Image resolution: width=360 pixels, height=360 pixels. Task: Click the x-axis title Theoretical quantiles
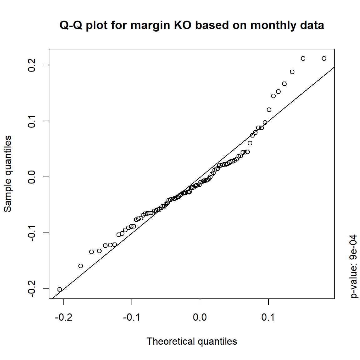point(192,341)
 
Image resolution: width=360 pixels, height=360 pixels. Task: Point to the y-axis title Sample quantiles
point(7,174)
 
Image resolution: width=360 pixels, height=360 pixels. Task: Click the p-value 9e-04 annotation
point(354,267)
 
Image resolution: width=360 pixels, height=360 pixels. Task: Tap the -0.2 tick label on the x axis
point(63,317)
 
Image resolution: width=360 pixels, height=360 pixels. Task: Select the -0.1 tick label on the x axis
point(132,317)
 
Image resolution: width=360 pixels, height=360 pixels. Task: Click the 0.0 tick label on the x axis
point(200,317)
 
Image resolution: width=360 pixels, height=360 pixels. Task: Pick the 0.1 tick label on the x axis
point(268,317)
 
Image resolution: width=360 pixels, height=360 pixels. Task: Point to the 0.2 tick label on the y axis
point(32,65)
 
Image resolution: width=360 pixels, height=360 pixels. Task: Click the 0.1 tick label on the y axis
point(32,121)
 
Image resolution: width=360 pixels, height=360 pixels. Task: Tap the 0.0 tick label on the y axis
point(32,177)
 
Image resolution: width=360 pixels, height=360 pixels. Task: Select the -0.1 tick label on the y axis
point(32,233)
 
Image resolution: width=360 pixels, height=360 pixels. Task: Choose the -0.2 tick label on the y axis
point(32,289)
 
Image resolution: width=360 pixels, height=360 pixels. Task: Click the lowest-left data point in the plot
point(60,289)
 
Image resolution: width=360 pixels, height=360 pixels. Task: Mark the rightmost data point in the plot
point(324,58)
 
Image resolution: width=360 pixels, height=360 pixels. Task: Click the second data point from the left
point(81,266)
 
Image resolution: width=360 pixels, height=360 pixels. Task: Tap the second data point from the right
point(303,58)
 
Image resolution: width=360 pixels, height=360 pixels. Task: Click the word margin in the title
point(150,25)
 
